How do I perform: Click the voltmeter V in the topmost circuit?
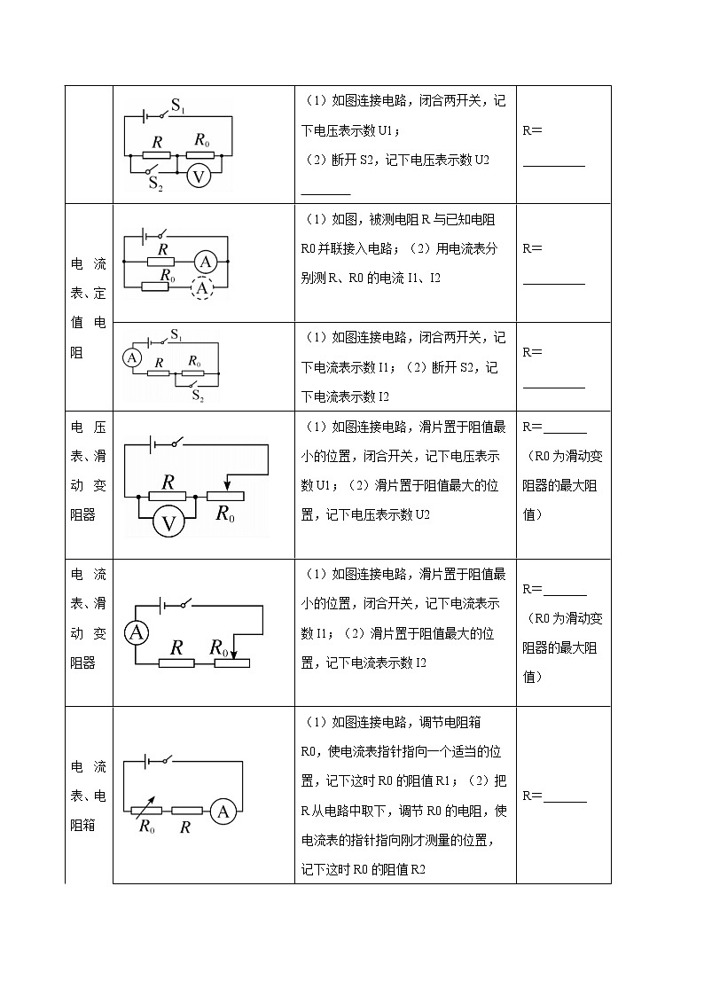coord(199,176)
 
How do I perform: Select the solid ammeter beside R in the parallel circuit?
coord(206,262)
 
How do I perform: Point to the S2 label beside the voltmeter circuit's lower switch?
coord(156,184)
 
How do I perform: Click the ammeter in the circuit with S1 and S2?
coord(132,357)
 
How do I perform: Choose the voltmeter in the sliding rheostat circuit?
coord(168,522)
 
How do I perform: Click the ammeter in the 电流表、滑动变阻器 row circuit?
coord(136,633)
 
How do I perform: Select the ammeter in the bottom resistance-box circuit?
coord(224,811)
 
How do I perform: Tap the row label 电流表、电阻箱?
coord(88,796)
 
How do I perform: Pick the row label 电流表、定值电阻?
coord(88,308)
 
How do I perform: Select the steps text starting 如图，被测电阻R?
coord(405,248)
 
